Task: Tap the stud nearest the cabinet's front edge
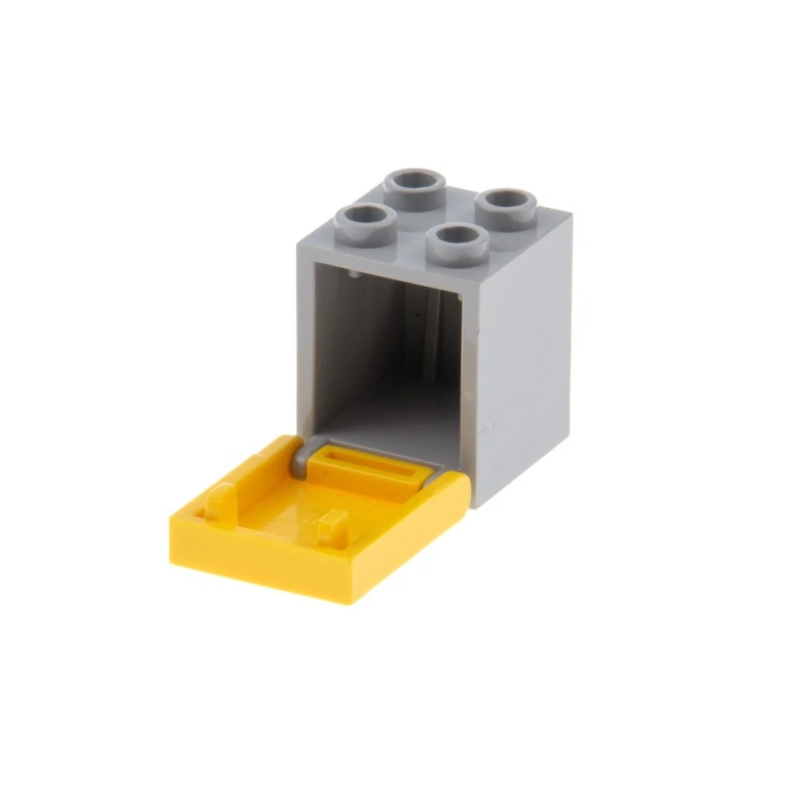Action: point(459,238)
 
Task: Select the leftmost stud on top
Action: point(362,218)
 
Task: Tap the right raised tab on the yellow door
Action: point(334,526)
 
